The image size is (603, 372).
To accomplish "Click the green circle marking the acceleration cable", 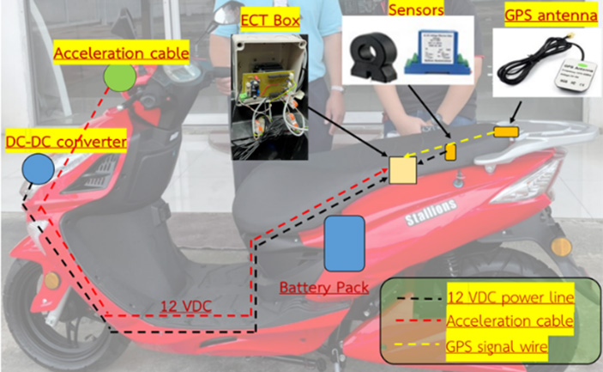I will tap(119, 78).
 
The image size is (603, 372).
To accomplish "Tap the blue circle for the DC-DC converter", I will tap(37, 168).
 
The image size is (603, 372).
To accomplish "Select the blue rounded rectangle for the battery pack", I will tap(345, 242).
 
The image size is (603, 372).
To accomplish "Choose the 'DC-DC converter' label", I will tap(66, 138).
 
